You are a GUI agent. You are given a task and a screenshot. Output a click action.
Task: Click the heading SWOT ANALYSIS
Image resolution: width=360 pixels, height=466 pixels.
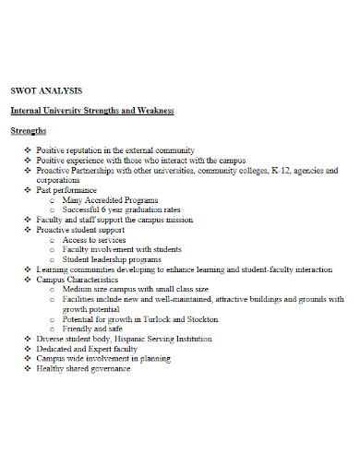click(46, 90)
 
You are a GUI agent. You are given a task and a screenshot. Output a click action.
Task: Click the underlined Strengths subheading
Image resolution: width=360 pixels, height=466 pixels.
click(29, 131)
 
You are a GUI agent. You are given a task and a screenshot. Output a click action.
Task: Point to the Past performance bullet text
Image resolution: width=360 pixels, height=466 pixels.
click(69, 190)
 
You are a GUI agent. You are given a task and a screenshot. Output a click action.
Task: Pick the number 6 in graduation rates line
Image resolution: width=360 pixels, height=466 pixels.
click(102, 210)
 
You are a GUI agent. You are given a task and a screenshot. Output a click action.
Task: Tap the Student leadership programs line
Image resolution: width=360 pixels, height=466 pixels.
click(112, 259)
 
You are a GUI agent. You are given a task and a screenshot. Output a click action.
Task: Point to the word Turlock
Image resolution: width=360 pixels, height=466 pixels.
click(158, 319)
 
